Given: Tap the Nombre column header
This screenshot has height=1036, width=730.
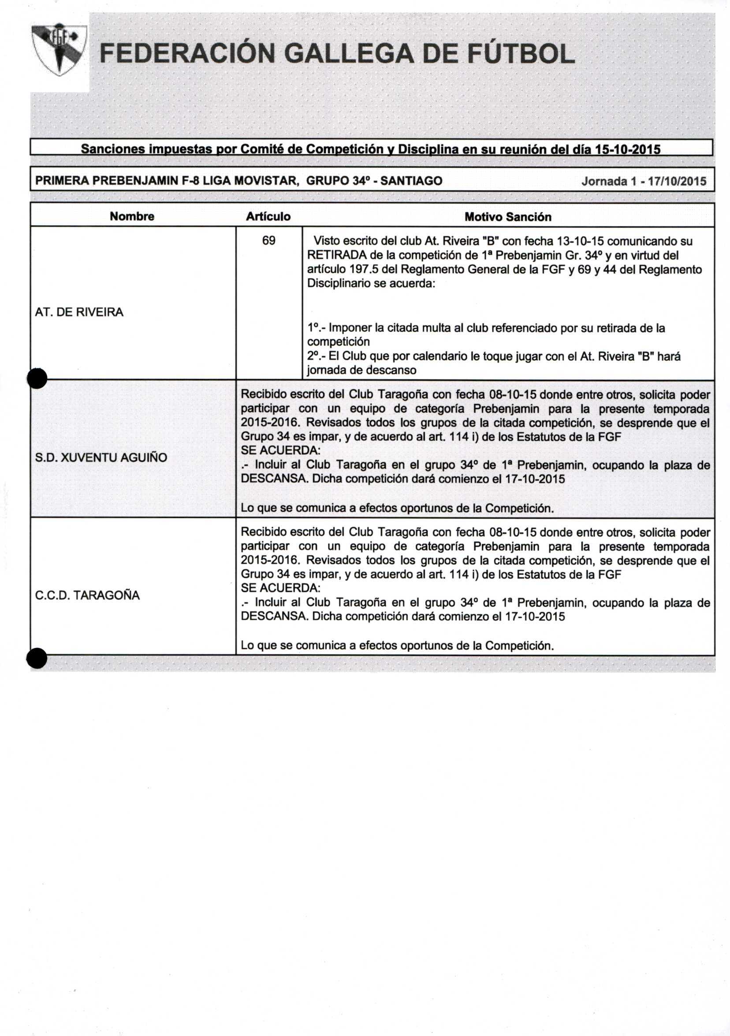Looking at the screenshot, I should [x=132, y=216].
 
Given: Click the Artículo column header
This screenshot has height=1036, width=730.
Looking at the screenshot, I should [x=268, y=216].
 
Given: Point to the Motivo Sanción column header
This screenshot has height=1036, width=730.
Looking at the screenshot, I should [x=508, y=217].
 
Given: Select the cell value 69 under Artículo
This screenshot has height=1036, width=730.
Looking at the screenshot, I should [x=268, y=241].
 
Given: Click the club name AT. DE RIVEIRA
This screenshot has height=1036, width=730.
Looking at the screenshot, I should [x=79, y=312].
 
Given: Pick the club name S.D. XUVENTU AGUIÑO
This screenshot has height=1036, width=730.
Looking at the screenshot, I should [x=101, y=457].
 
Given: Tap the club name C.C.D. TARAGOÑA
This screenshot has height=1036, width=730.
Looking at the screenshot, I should [x=88, y=595].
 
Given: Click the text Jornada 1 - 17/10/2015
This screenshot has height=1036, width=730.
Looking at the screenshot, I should [x=644, y=182].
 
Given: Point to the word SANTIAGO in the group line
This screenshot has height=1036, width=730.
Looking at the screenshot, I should [x=417, y=181].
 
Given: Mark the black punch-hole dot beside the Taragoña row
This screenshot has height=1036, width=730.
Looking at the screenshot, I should [x=37, y=657].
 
